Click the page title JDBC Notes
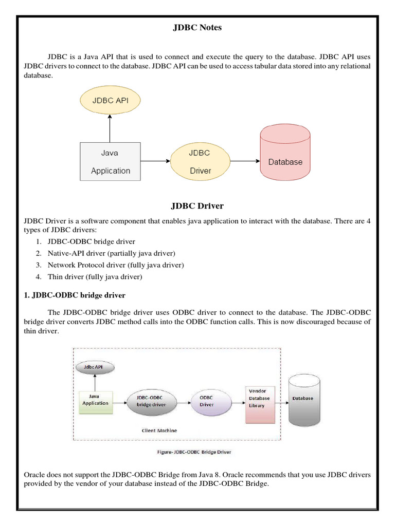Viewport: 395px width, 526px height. click(x=197, y=28)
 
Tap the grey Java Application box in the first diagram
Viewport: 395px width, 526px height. click(x=110, y=161)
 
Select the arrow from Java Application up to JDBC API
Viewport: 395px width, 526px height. click(x=110, y=128)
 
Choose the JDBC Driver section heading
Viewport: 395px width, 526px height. click(x=197, y=206)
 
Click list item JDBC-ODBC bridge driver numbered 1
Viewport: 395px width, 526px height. click(x=92, y=241)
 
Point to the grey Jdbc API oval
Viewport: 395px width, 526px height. click(x=95, y=368)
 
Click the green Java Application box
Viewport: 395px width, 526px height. click(x=95, y=400)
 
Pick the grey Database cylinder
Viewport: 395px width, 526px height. click(x=304, y=401)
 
